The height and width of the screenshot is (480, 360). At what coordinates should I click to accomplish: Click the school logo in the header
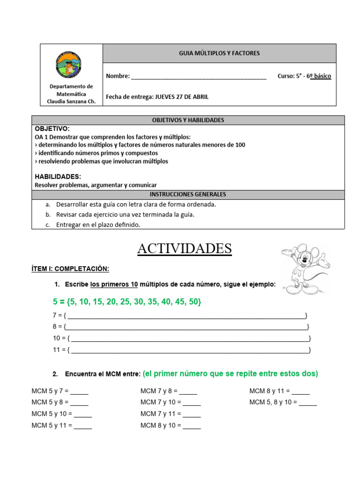[x=71, y=64]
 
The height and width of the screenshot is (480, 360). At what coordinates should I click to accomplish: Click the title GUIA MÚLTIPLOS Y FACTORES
[x=219, y=53]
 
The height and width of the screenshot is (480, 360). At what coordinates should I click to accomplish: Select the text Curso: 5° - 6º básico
[x=304, y=76]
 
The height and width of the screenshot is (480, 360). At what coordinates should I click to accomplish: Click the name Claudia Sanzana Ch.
[x=71, y=101]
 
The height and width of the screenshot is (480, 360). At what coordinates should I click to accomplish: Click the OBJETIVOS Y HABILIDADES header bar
[x=188, y=120]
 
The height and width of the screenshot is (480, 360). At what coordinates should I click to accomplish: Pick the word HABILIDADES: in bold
[x=58, y=177]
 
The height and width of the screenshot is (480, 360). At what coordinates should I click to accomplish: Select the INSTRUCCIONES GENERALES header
[x=188, y=194]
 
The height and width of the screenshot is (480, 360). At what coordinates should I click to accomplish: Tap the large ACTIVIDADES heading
[x=184, y=248]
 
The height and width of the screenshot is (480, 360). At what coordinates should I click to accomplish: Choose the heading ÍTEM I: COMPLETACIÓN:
[x=70, y=269]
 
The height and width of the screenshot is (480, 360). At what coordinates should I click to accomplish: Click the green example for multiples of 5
[x=127, y=301]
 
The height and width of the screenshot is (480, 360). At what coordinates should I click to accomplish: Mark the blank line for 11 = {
[x=190, y=350]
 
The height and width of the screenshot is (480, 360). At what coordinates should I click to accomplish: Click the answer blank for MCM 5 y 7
[x=79, y=391]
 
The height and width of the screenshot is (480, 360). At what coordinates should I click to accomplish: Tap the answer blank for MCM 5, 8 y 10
[x=307, y=403]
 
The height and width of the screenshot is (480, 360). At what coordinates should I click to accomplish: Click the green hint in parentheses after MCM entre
[x=230, y=374]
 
